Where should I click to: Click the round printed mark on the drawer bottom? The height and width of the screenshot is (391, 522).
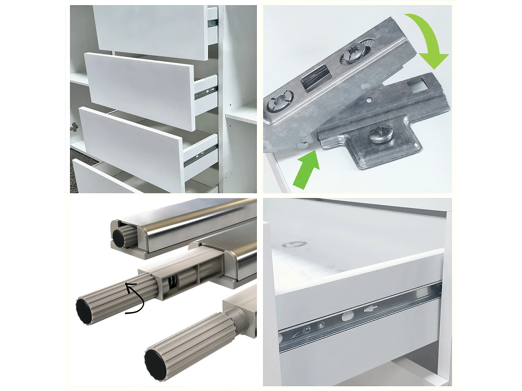click(x=294, y=244)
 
